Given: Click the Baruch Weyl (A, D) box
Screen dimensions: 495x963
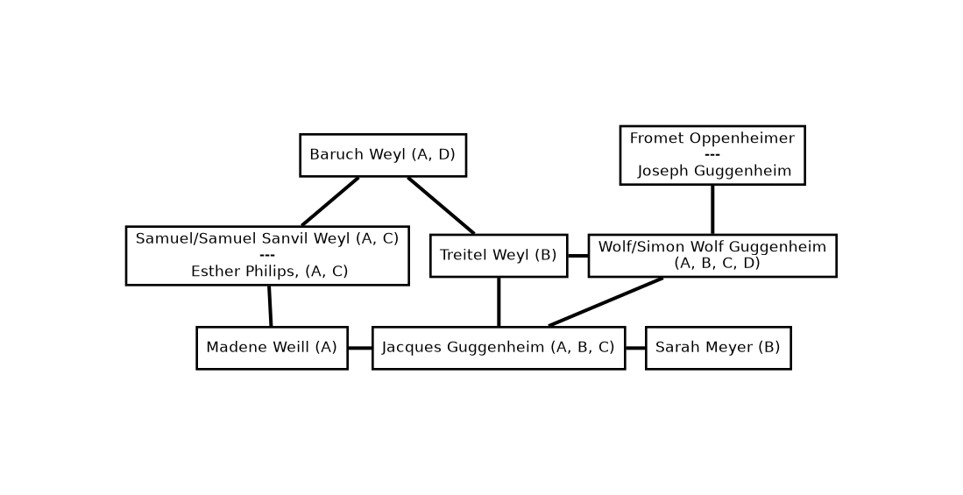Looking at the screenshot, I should [x=383, y=155].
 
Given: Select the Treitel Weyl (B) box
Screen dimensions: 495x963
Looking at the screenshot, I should [x=498, y=255].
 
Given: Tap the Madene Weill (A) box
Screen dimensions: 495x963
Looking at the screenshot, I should [x=272, y=348].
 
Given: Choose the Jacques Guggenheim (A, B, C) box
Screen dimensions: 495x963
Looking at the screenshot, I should [x=498, y=348].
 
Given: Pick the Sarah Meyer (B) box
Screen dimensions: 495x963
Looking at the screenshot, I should [x=718, y=348].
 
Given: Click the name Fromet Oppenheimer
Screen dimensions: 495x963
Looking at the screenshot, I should [x=712, y=138].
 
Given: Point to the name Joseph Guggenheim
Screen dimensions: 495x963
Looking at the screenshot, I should [x=713, y=172].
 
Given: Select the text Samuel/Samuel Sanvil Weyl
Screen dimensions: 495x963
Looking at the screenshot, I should [x=244, y=238].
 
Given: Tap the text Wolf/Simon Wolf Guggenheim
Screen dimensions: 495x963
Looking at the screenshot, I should [x=712, y=247].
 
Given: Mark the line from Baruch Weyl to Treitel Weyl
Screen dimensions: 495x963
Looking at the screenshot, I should [x=441, y=205].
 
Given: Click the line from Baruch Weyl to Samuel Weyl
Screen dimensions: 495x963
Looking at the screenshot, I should [x=330, y=202].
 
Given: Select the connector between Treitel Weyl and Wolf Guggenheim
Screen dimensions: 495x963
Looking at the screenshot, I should [x=577, y=256].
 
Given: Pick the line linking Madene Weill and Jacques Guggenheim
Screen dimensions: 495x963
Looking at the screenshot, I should [x=359, y=348].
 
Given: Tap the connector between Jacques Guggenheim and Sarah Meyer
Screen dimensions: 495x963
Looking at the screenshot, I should [x=635, y=348].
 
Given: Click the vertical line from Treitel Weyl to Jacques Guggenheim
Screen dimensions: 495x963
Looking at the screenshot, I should [x=499, y=301].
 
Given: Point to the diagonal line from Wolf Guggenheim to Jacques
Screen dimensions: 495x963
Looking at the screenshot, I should [x=605, y=302].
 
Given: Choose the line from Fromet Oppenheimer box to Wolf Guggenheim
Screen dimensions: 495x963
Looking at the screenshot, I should [x=712, y=209].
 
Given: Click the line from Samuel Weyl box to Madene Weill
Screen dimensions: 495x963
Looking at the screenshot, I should [x=270, y=306].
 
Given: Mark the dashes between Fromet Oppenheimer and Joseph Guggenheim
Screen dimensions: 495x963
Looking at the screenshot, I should [x=712, y=155].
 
